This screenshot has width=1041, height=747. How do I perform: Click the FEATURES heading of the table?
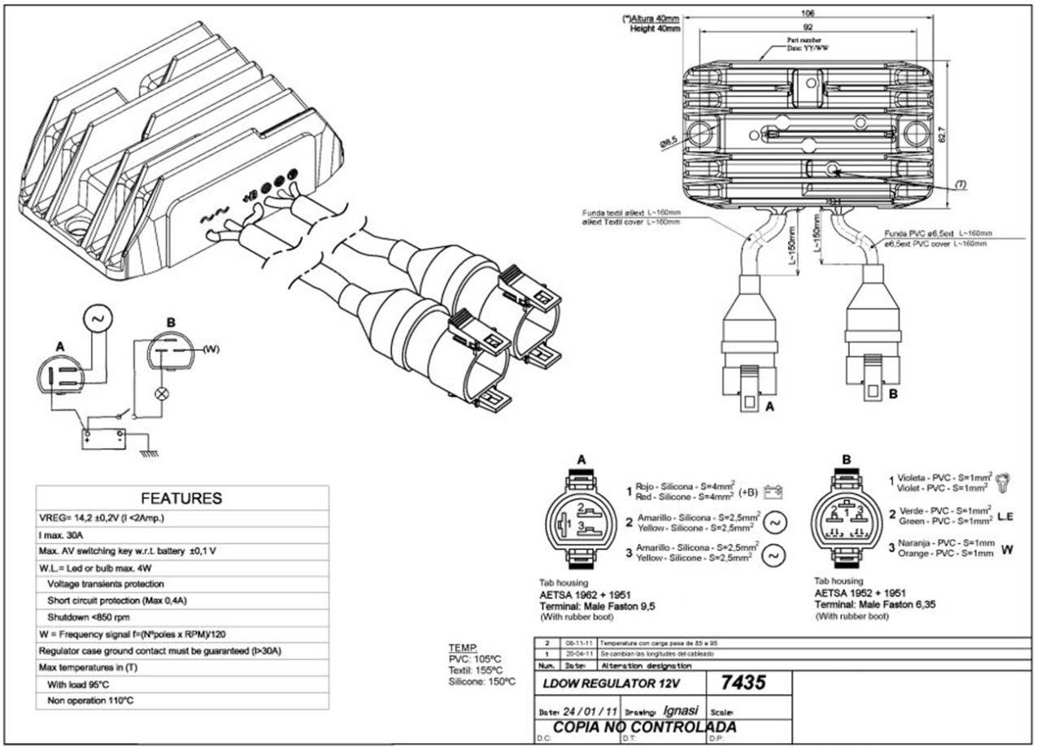pos(181,498)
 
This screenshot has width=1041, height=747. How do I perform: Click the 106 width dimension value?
pos(808,13)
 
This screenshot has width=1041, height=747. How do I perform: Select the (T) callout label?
pos(960,185)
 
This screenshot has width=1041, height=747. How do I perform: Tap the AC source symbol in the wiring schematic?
pos(98,319)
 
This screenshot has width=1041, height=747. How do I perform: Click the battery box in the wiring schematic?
pos(102,437)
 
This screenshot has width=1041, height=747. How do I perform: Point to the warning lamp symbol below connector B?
pos(161,394)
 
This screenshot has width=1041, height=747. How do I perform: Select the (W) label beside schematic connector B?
pos(211,349)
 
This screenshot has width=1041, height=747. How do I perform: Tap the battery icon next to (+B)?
pos(773,492)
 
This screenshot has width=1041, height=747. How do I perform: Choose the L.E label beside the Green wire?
pos(1006,516)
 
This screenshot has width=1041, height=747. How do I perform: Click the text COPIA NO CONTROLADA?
pos(644,727)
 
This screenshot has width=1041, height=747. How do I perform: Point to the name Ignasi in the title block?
pos(681,709)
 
